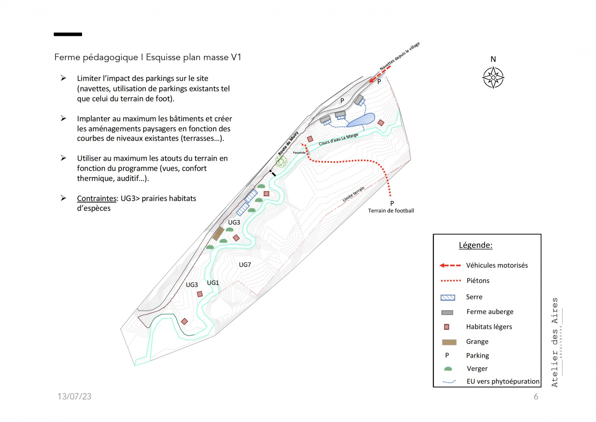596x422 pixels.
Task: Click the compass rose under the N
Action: [x=493, y=78]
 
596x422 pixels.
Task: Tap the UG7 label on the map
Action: [x=245, y=265]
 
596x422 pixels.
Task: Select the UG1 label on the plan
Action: [x=213, y=283]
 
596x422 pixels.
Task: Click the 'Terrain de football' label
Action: [x=391, y=211]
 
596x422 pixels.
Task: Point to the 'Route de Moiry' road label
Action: [x=288, y=144]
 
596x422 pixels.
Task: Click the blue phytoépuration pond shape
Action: [x=360, y=120]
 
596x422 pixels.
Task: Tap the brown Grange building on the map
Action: [x=218, y=234]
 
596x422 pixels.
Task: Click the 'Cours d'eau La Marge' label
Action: [x=338, y=140]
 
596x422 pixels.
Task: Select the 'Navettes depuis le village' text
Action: [x=400, y=56]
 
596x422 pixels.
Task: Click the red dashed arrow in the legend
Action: [x=450, y=265]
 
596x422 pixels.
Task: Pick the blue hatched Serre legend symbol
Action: [x=448, y=298]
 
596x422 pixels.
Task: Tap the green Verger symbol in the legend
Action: [x=448, y=369]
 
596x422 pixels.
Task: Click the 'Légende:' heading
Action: [x=475, y=245]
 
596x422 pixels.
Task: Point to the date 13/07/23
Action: [x=74, y=396]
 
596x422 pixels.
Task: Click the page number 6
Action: [x=536, y=397]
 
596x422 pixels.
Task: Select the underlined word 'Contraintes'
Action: [x=96, y=198]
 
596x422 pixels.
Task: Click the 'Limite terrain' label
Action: [x=353, y=194]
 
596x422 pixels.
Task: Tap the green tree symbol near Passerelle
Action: [x=281, y=161]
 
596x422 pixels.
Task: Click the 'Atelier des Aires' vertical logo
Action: [x=555, y=342]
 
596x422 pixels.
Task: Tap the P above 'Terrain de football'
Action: [x=392, y=203]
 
